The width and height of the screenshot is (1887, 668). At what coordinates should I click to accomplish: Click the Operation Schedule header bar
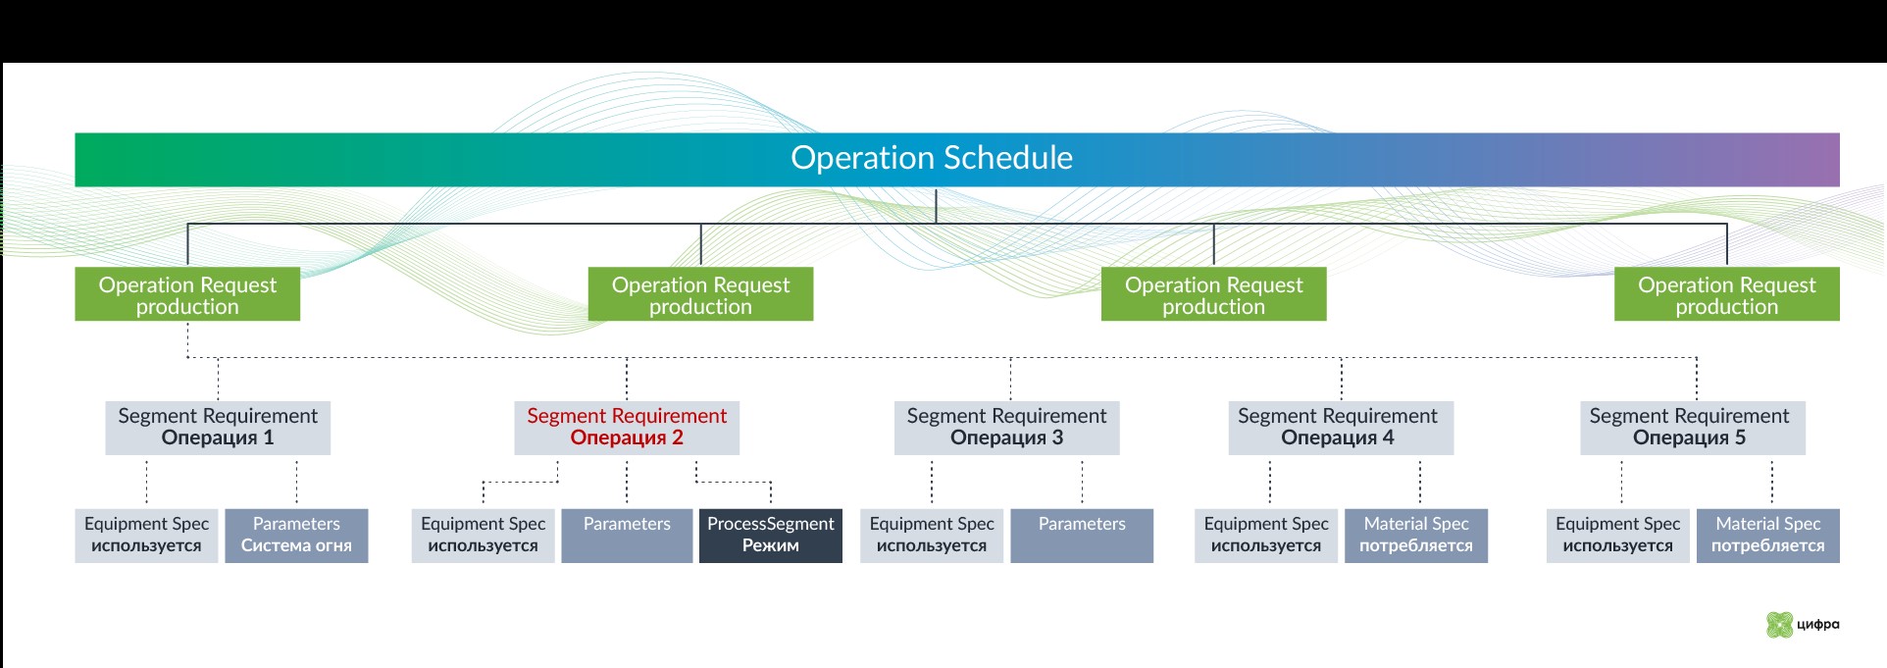click(956, 159)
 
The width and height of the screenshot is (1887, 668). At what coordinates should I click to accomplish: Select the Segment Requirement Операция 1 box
click(218, 427)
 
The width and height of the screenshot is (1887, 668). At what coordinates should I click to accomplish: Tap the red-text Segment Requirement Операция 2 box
click(627, 427)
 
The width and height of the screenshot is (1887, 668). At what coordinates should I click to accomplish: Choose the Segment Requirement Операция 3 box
click(1006, 427)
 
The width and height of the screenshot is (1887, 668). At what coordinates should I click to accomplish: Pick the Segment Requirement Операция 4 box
click(1341, 427)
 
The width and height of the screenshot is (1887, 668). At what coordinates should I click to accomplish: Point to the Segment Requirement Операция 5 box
click(1692, 427)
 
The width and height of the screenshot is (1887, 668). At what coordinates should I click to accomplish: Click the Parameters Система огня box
click(296, 535)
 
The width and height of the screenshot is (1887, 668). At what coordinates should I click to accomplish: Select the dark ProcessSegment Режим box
click(770, 535)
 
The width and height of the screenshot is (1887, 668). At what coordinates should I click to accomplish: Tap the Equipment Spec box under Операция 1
click(146, 535)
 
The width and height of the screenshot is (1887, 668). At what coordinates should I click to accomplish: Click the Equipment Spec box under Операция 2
click(483, 535)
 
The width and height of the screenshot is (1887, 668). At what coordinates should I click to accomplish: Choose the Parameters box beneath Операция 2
click(627, 535)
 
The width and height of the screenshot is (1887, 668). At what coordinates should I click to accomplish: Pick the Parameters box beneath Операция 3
click(1082, 535)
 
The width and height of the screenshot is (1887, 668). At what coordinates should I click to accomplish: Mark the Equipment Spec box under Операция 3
click(932, 535)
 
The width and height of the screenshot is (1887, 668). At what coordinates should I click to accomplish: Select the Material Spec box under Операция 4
click(1416, 535)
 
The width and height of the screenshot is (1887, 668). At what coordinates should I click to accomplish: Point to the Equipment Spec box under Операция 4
click(1266, 535)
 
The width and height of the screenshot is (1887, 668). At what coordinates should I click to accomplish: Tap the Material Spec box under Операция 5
click(1768, 535)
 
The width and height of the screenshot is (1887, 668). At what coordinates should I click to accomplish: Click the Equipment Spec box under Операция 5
click(1618, 535)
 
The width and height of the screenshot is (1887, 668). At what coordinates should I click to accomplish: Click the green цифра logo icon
click(1779, 625)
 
